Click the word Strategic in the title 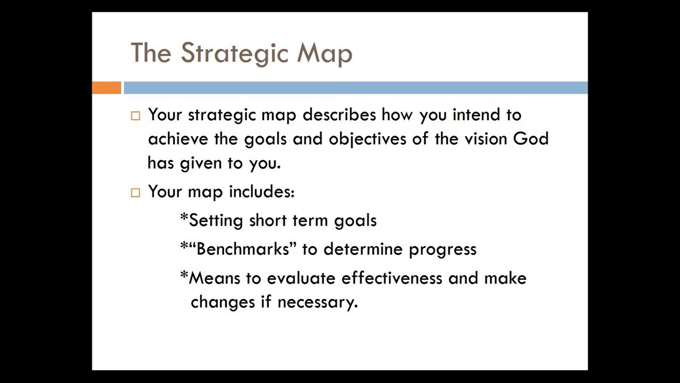pyautogui.click(x=234, y=54)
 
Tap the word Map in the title pyautogui.click(x=325, y=54)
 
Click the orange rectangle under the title pyautogui.click(x=107, y=88)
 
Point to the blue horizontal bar pyautogui.click(x=356, y=88)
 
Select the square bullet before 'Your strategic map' pyautogui.click(x=135, y=116)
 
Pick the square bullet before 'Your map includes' pyautogui.click(x=135, y=193)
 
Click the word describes pyautogui.click(x=339, y=115)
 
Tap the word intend pyautogui.click(x=476, y=115)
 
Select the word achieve pyautogui.click(x=178, y=139)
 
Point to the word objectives pyautogui.click(x=367, y=139)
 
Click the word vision pyautogui.click(x=486, y=139)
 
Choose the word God pyautogui.click(x=531, y=139)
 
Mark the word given pyautogui.click(x=201, y=164)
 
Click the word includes pyautogui.click(x=262, y=192)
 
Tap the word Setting pyautogui.click(x=216, y=221)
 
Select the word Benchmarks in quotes pyautogui.click(x=243, y=249)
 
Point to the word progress pyautogui.click(x=443, y=250)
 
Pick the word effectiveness pyautogui.click(x=392, y=278)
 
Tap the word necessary pyautogui.click(x=318, y=303)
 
